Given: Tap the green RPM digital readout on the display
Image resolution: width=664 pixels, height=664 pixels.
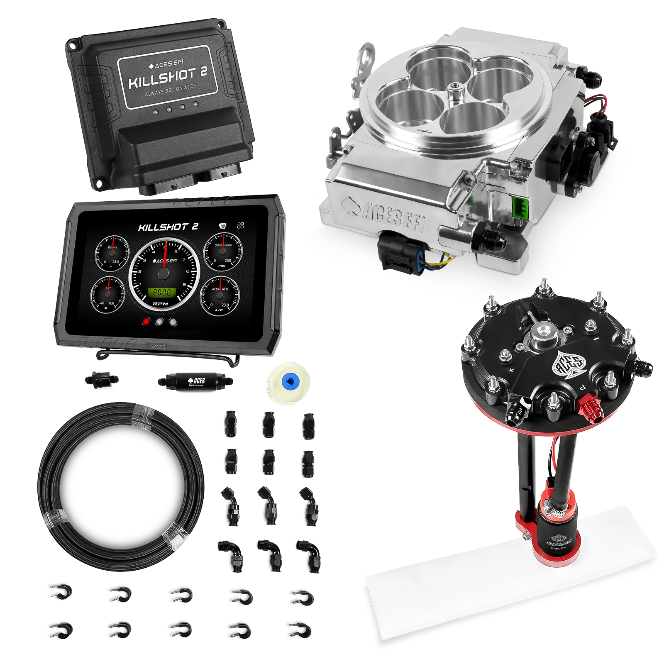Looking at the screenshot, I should pyautogui.click(x=162, y=292).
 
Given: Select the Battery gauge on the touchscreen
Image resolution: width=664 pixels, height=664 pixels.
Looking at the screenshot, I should pyautogui.click(x=112, y=253).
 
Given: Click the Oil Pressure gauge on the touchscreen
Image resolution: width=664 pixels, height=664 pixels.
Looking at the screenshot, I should pyautogui.click(x=223, y=251).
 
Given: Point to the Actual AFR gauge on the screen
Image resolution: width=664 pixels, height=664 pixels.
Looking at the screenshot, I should pyautogui.click(x=220, y=294).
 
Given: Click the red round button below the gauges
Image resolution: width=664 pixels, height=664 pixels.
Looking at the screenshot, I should pyautogui.click(x=146, y=322).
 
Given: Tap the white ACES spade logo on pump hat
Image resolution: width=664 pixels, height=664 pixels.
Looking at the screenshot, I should pyautogui.click(x=566, y=365).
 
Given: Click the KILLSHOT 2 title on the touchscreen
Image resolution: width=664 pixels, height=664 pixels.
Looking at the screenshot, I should pyautogui.click(x=168, y=227).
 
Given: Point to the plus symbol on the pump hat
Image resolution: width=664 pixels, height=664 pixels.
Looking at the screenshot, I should pyautogui.click(x=511, y=370).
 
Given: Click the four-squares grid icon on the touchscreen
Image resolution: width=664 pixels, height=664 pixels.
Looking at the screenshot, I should pyautogui.click(x=240, y=225).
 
